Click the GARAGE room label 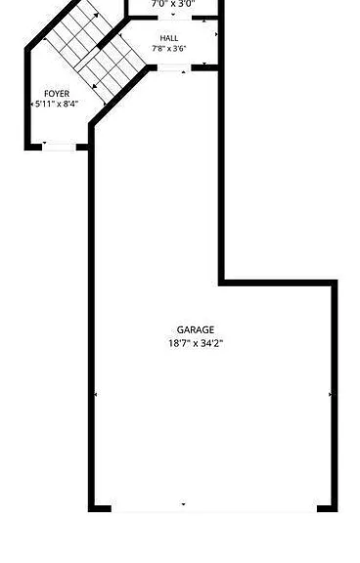coord(196,329)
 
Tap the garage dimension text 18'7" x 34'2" coord(196,343)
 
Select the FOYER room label coord(57,94)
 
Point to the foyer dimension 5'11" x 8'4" coord(57,105)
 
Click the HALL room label coord(169,38)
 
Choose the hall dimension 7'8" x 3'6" coord(169,49)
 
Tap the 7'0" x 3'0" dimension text coord(173,4)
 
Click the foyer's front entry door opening coord(60,147)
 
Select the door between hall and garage coord(174,67)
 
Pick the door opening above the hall coord(175,18)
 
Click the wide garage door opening coord(214,508)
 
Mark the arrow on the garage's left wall coord(96,395)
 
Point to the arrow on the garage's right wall coord(331,394)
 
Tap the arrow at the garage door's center coord(183,504)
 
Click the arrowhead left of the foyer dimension coord(31,105)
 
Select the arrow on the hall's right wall coord(216,34)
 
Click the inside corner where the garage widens coord(222,282)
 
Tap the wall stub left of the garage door coord(100,508)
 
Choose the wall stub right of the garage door coord(328,508)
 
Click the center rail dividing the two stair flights coord(87,59)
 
